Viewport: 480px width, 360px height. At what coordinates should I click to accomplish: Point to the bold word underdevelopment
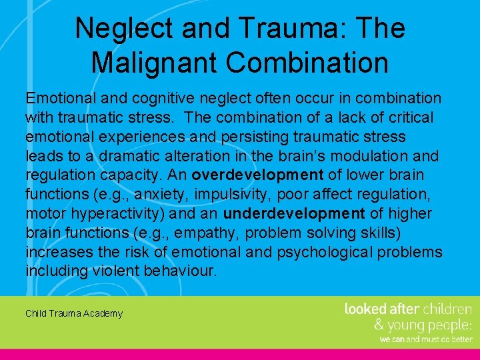pos(294,213)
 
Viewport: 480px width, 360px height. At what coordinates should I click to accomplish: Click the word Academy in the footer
pos(103,313)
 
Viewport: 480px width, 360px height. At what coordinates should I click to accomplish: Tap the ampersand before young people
pos(379,325)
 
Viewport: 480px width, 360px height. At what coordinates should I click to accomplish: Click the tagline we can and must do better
pos(425,339)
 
